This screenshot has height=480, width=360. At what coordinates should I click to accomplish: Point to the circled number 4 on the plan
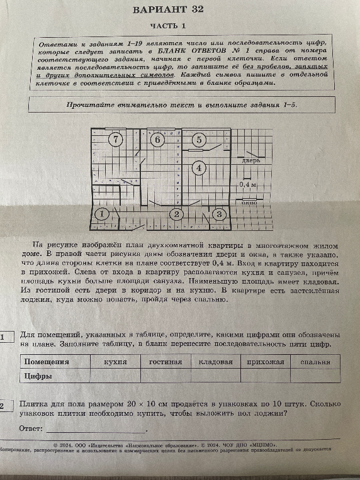[x=199, y=168]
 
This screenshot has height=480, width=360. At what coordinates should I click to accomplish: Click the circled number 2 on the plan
[x=177, y=215]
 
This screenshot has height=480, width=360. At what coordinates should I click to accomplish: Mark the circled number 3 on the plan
[x=219, y=215]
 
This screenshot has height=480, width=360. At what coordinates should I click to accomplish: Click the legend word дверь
[x=250, y=161]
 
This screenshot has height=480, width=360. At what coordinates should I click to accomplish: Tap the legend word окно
[x=249, y=203]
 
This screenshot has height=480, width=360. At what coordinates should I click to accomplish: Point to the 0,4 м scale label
[x=249, y=185]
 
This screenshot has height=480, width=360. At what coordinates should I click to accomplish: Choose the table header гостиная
[x=165, y=362]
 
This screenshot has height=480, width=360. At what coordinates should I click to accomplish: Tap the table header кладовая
[x=215, y=362]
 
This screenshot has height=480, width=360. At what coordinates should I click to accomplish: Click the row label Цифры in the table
[x=38, y=376]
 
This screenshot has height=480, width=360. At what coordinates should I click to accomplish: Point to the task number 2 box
[x=4, y=406]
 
